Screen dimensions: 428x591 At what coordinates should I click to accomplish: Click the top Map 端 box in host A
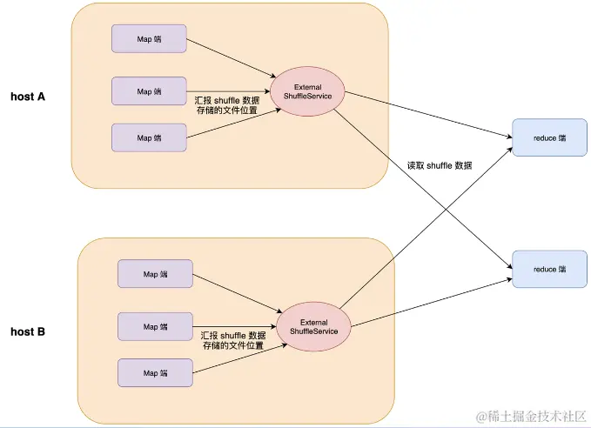coord(150,37)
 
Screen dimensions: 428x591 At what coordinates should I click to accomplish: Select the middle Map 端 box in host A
coord(150,90)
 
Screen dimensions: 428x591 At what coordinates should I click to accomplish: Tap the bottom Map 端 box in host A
coord(150,137)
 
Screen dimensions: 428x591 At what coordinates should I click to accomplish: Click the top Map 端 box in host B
coord(155,274)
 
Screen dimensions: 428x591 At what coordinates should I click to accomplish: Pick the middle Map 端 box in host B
coord(155,326)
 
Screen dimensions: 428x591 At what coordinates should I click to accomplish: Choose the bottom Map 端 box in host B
coord(155,372)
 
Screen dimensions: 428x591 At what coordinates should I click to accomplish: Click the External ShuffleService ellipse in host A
coord(307,91)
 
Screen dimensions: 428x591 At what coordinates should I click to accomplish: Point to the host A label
coord(28,97)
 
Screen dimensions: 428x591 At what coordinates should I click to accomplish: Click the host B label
coord(28,331)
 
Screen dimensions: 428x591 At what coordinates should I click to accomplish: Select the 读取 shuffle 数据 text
coord(440,165)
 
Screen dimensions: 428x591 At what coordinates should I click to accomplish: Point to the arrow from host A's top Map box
coord(231,58)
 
